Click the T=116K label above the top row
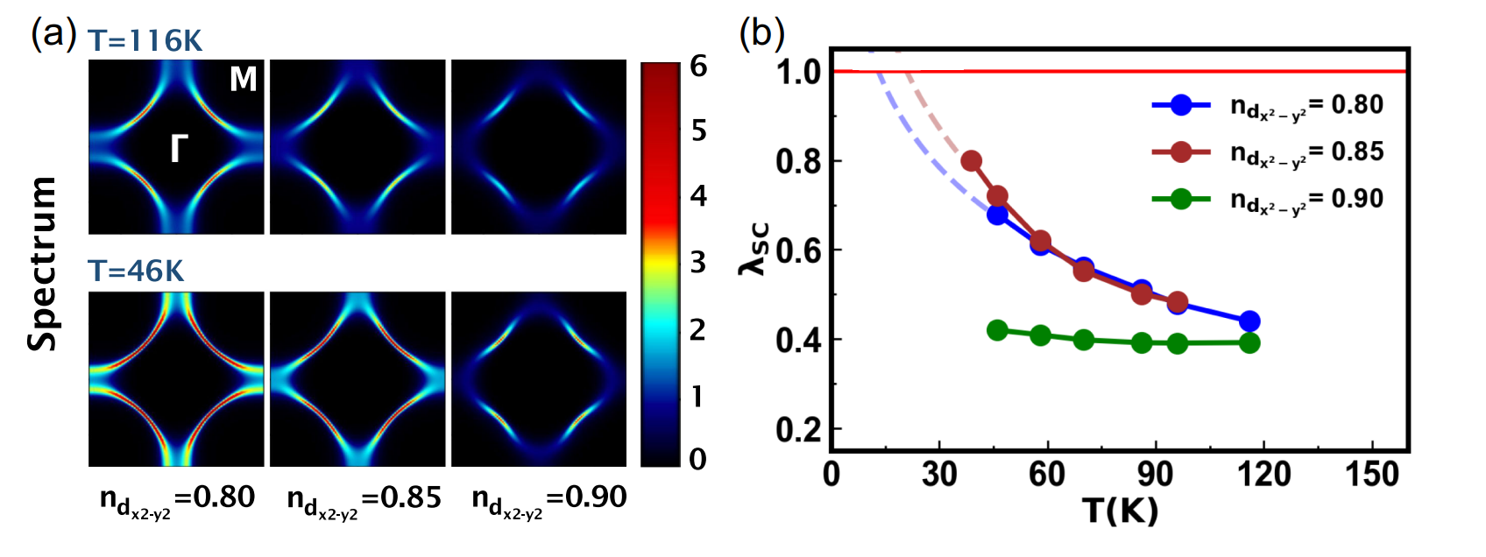pos(145,40)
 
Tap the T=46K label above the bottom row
pos(136,271)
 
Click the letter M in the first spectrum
pos(243,80)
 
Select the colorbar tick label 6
pos(698,67)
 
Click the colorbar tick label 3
pos(698,262)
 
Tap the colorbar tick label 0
pos(698,459)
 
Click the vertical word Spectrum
pos(42,263)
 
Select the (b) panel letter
pos(761,34)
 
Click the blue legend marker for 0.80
pos(1181,105)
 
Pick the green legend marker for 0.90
pos(1181,199)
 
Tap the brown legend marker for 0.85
pos(1181,152)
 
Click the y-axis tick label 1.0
pos(798,72)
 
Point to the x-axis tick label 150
pos(1372,475)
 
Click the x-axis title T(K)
pos(1120,510)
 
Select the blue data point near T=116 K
pos(1249,321)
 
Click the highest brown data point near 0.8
pos(971,161)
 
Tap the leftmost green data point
pos(997,330)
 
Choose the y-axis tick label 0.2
pos(798,430)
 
